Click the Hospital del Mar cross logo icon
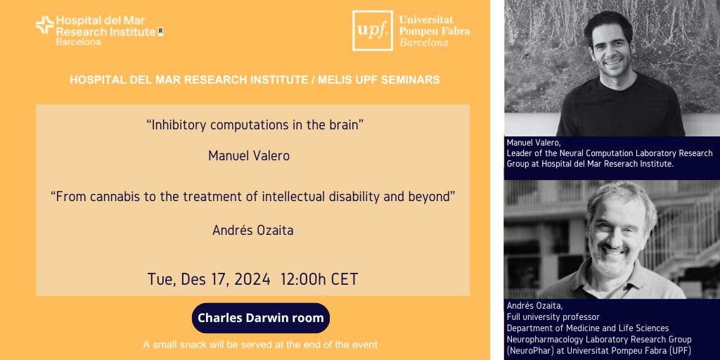pos(45,25)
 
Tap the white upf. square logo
pos(373,30)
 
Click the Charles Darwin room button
pos(261,318)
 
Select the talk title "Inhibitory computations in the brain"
pos(252,126)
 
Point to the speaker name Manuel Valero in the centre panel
pos(249,156)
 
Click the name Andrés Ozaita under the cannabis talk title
pos(252,231)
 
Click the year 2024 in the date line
pos(252,279)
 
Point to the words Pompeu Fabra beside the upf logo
pos(435,31)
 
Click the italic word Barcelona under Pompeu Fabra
pos(424,43)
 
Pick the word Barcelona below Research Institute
pos(79,41)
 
